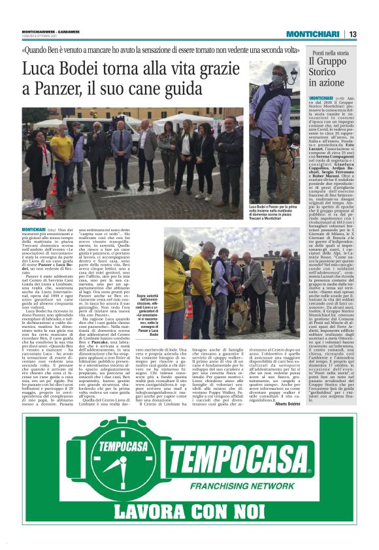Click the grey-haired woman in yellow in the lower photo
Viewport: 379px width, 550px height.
tap(175, 281)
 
